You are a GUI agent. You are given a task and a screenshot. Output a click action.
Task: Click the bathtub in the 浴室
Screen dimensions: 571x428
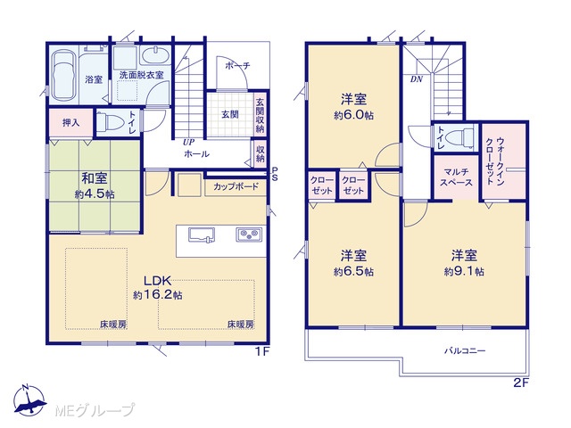pos(63,76)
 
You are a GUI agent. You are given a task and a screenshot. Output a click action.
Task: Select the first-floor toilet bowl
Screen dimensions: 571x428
pos(109,122)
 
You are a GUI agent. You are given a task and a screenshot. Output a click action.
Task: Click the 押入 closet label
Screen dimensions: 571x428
pos(70,123)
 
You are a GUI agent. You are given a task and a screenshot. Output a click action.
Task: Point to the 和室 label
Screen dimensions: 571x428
pos(95,178)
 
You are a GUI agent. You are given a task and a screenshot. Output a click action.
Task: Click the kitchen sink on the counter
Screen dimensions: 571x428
pos(202,235)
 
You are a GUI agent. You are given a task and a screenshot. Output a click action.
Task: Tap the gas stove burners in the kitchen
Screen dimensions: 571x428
pos(249,235)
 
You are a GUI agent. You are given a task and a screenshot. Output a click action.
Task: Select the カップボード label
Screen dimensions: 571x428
pos(236,186)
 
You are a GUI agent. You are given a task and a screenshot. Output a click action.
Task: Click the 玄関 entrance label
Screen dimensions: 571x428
pos(230,115)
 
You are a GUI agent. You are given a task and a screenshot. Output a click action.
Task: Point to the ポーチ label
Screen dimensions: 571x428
pos(237,66)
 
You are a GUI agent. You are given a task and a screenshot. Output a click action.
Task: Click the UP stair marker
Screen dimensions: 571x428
pos(188,142)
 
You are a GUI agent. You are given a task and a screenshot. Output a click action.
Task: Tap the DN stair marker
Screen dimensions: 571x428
pos(417,78)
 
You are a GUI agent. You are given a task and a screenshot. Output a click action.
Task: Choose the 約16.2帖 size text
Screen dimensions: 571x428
pos(158,295)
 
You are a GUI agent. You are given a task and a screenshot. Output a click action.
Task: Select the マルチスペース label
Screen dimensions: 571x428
pos(456,177)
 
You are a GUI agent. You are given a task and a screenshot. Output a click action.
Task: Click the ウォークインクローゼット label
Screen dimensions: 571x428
pos(495,161)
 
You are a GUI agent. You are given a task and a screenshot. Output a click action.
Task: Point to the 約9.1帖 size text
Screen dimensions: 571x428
pos(464,271)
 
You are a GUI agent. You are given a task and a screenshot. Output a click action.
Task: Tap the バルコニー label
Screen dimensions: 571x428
pos(465,351)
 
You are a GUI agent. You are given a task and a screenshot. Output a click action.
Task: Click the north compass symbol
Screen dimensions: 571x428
pos(29,400)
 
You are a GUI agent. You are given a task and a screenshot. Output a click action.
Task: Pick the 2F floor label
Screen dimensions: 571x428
pos(521,383)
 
